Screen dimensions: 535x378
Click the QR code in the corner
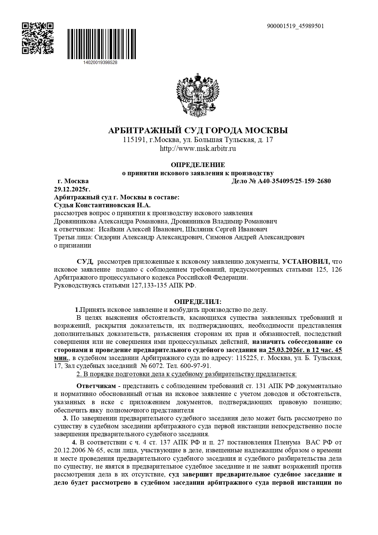coord(38,38)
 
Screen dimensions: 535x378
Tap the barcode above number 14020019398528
coord(101,44)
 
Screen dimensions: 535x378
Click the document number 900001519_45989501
coord(295,26)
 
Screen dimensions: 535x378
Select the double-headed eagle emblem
coord(198,95)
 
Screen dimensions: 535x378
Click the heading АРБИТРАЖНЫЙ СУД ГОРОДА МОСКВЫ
coord(198,131)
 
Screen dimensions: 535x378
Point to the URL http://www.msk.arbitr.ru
coord(198,149)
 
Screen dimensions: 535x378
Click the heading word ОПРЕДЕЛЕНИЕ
coord(198,165)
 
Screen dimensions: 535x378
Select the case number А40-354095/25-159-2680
coord(294,181)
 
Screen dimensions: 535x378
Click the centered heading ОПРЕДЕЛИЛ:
coord(198,302)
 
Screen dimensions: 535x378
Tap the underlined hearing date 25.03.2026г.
coord(285,350)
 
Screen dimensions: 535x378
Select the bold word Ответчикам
coord(96,386)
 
